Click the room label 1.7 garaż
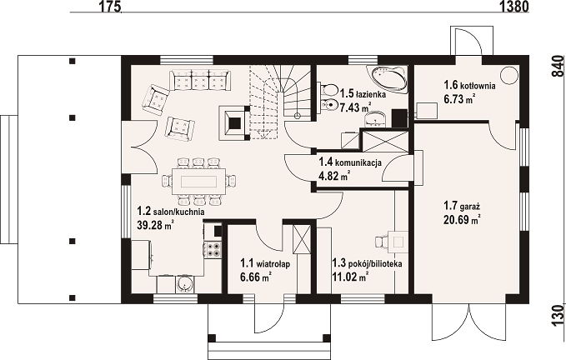click(x=461, y=207)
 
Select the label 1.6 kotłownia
click(x=469, y=86)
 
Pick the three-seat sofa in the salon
click(x=199, y=80)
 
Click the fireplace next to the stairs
click(x=234, y=122)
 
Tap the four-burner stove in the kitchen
click(x=213, y=250)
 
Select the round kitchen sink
click(x=184, y=284)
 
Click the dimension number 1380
click(x=514, y=7)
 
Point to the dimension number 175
click(x=108, y=7)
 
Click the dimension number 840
click(x=558, y=66)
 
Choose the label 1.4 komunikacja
click(x=350, y=162)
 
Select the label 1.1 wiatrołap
click(x=265, y=263)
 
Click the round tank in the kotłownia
click(x=509, y=76)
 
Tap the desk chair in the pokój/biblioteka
click(x=382, y=242)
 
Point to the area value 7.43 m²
click(x=355, y=107)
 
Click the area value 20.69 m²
click(x=462, y=219)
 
